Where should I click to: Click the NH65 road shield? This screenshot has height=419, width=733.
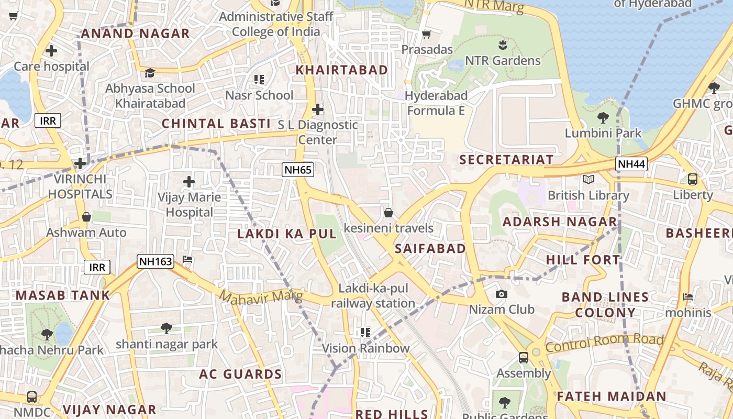(x=297, y=169)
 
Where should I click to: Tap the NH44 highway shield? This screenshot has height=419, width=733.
(x=631, y=164)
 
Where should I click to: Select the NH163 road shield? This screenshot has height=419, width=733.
(x=156, y=261)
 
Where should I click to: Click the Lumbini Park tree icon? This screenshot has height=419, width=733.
(x=603, y=118)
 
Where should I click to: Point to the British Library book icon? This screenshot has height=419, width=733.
(x=588, y=180)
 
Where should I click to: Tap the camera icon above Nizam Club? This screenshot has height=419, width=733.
(x=501, y=294)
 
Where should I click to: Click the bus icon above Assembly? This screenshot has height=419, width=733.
(x=523, y=358)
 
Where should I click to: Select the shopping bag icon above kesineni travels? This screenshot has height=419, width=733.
(x=388, y=213)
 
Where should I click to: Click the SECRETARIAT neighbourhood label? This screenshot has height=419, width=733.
(x=506, y=160)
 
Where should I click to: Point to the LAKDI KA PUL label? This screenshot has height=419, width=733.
(x=287, y=234)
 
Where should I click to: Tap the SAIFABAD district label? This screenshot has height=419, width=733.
(x=430, y=248)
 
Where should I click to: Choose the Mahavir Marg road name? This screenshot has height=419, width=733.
(x=261, y=297)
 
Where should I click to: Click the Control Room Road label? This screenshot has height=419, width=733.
(x=604, y=343)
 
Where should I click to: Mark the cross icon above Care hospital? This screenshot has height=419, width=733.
(x=51, y=51)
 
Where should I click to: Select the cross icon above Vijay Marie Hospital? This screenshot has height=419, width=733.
(x=189, y=182)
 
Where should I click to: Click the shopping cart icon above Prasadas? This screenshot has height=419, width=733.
(x=427, y=35)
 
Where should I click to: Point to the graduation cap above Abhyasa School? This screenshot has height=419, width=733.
(x=150, y=73)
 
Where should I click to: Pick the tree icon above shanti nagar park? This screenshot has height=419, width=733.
(x=166, y=328)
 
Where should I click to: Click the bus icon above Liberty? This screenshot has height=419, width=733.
(x=693, y=179)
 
